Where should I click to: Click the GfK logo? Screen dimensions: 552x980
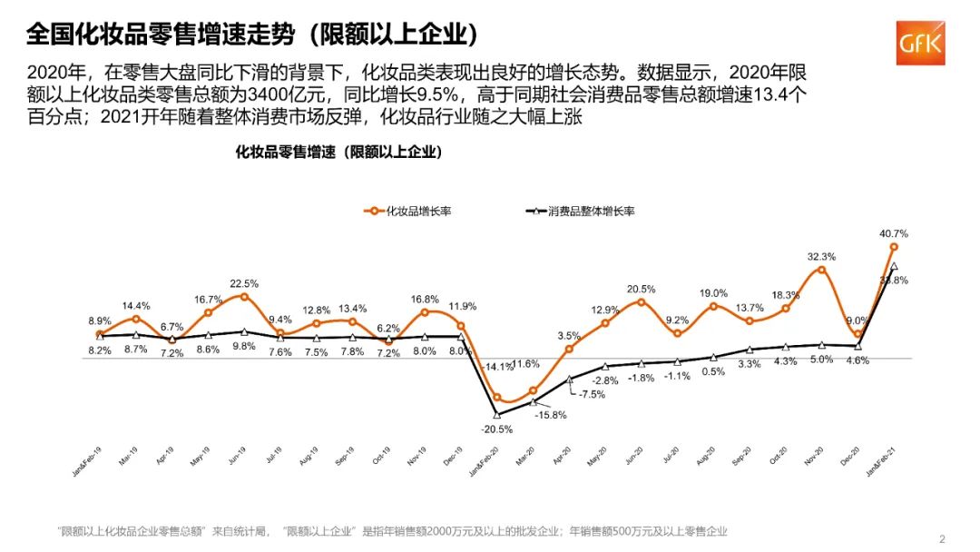point(921,42)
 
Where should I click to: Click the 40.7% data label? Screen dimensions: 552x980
point(894,233)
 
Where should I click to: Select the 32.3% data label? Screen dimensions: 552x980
point(821,257)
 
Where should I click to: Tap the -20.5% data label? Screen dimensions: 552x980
point(497,429)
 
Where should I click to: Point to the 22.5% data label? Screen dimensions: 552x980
point(244,283)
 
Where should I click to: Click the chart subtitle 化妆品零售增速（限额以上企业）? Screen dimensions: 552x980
point(338,153)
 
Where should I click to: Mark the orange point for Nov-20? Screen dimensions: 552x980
point(822,270)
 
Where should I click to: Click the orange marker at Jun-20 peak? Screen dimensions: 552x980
point(642,301)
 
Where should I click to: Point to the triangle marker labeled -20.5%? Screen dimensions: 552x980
point(497,414)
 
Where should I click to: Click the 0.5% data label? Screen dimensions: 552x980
point(713,371)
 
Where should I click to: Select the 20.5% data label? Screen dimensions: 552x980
point(641,290)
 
